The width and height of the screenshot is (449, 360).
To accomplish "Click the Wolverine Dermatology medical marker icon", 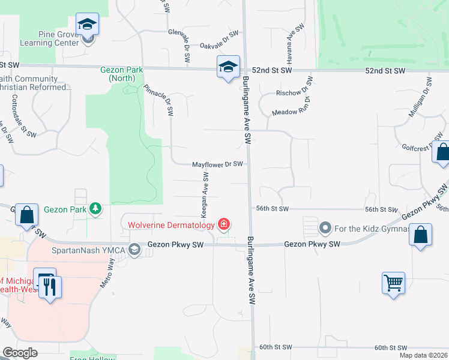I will tap(223, 224).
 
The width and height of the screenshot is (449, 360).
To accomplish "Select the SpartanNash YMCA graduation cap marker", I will tap(134, 250).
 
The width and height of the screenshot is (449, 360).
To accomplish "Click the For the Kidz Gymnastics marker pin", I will tap(325, 228).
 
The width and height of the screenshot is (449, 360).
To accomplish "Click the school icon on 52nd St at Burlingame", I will tap(228, 67).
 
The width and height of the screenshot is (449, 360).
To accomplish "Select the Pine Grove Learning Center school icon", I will tap(87, 25).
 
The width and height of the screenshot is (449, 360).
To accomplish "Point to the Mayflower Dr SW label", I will tap(217, 164).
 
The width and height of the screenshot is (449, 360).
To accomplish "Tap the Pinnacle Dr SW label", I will tap(159, 99).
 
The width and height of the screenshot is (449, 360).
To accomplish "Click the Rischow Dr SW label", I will tap(294, 88).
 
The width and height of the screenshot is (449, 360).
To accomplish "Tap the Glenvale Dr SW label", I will tap(180, 46).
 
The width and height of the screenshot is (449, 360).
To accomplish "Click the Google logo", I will tap(20, 353).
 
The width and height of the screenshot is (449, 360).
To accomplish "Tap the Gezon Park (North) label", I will tap(121, 74).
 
